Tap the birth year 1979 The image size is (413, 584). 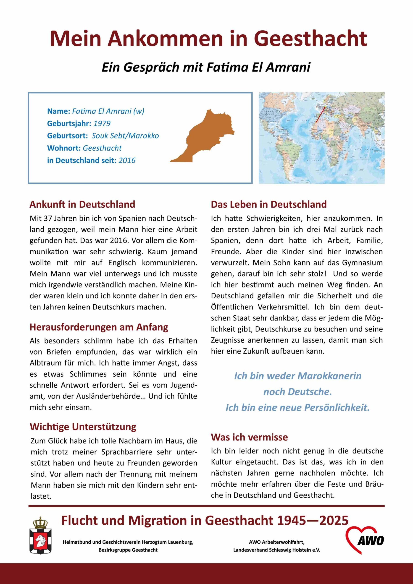(x=102, y=124)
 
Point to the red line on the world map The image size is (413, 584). (x=320, y=115)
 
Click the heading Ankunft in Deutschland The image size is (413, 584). (x=82, y=204)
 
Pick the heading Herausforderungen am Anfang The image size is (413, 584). (x=99, y=327)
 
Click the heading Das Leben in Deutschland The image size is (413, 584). (x=269, y=204)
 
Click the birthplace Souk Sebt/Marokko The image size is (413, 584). (x=125, y=136)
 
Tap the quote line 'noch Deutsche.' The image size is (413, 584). (x=297, y=392)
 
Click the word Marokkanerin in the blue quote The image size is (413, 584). (x=329, y=376)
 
